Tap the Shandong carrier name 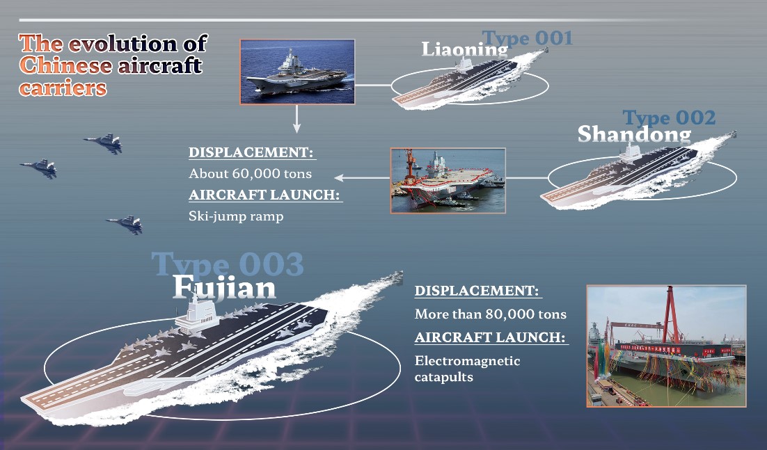pyautogui.click(x=635, y=134)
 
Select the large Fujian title pyautogui.click(x=224, y=287)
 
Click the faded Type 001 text pyautogui.click(x=527, y=38)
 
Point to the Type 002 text pyautogui.click(x=669, y=118)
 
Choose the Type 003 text pyautogui.click(x=228, y=264)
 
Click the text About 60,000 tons pyautogui.click(x=250, y=173)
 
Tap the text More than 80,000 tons pyautogui.click(x=491, y=314)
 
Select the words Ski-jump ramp pyautogui.click(x=236, y=216)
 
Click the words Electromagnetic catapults pyautogui.click(x=467, y=369)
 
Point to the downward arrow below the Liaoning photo pyautogui.click(x=296, y=119)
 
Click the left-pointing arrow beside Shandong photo pyautogui.click(x=362, y=177)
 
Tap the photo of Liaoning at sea pyautogui.click(x=297, y=72)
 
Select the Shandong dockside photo pyautogui.click(x=448, y=180)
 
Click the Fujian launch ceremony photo pyautogui.click(x=666, y=346)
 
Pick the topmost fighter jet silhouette pyautogui.click(x=104, y=143)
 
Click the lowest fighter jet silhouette pyautogui.click(x=126, y=224)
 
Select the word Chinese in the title pyautogui.click(x=65, y=65)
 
